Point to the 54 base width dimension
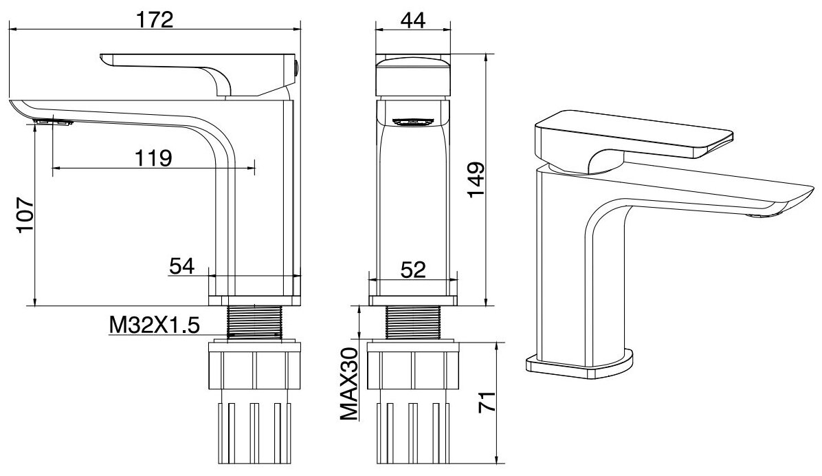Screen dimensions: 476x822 [x=181, y=266]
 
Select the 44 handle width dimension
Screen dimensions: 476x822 [x=412, y=20]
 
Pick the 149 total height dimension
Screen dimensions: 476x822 [x=476, y=181]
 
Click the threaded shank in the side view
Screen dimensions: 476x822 [x=255, y=322]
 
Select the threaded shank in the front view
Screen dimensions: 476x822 [x=412, y=322]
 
